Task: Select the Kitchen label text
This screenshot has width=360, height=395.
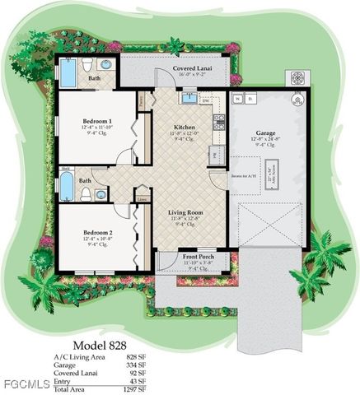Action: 185,128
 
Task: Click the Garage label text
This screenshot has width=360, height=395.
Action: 265,132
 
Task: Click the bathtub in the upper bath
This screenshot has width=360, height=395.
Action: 68,72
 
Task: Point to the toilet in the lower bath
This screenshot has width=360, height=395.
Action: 86,194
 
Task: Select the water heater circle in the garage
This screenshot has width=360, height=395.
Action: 298,99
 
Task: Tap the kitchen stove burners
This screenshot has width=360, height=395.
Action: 219,123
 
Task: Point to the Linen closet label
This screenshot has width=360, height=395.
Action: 143,198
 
